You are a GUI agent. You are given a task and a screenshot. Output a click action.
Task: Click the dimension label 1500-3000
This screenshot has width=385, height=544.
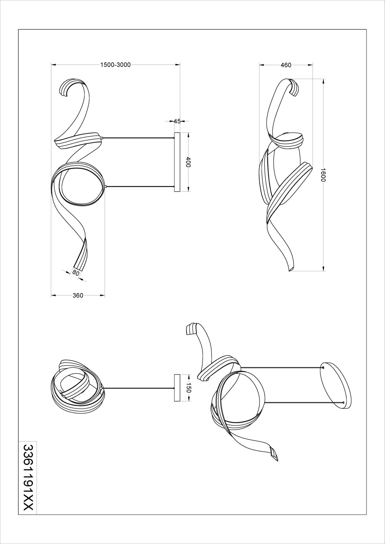[115, 65]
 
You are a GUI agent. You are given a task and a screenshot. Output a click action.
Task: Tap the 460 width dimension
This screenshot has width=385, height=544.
[286, 65]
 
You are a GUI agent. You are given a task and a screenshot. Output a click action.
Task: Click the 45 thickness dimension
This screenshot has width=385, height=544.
[177, 121]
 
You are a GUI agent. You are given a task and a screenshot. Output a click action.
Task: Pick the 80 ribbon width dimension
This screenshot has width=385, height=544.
[75, 273]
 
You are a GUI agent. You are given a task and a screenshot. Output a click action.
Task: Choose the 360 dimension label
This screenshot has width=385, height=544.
[78, 296]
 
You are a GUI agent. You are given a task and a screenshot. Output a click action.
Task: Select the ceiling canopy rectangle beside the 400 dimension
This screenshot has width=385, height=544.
[177, 162]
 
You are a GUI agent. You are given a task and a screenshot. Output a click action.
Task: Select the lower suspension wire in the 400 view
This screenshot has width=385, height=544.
[140, 186]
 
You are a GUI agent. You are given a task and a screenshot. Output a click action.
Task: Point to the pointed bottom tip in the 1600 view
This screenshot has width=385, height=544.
[290, 271]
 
